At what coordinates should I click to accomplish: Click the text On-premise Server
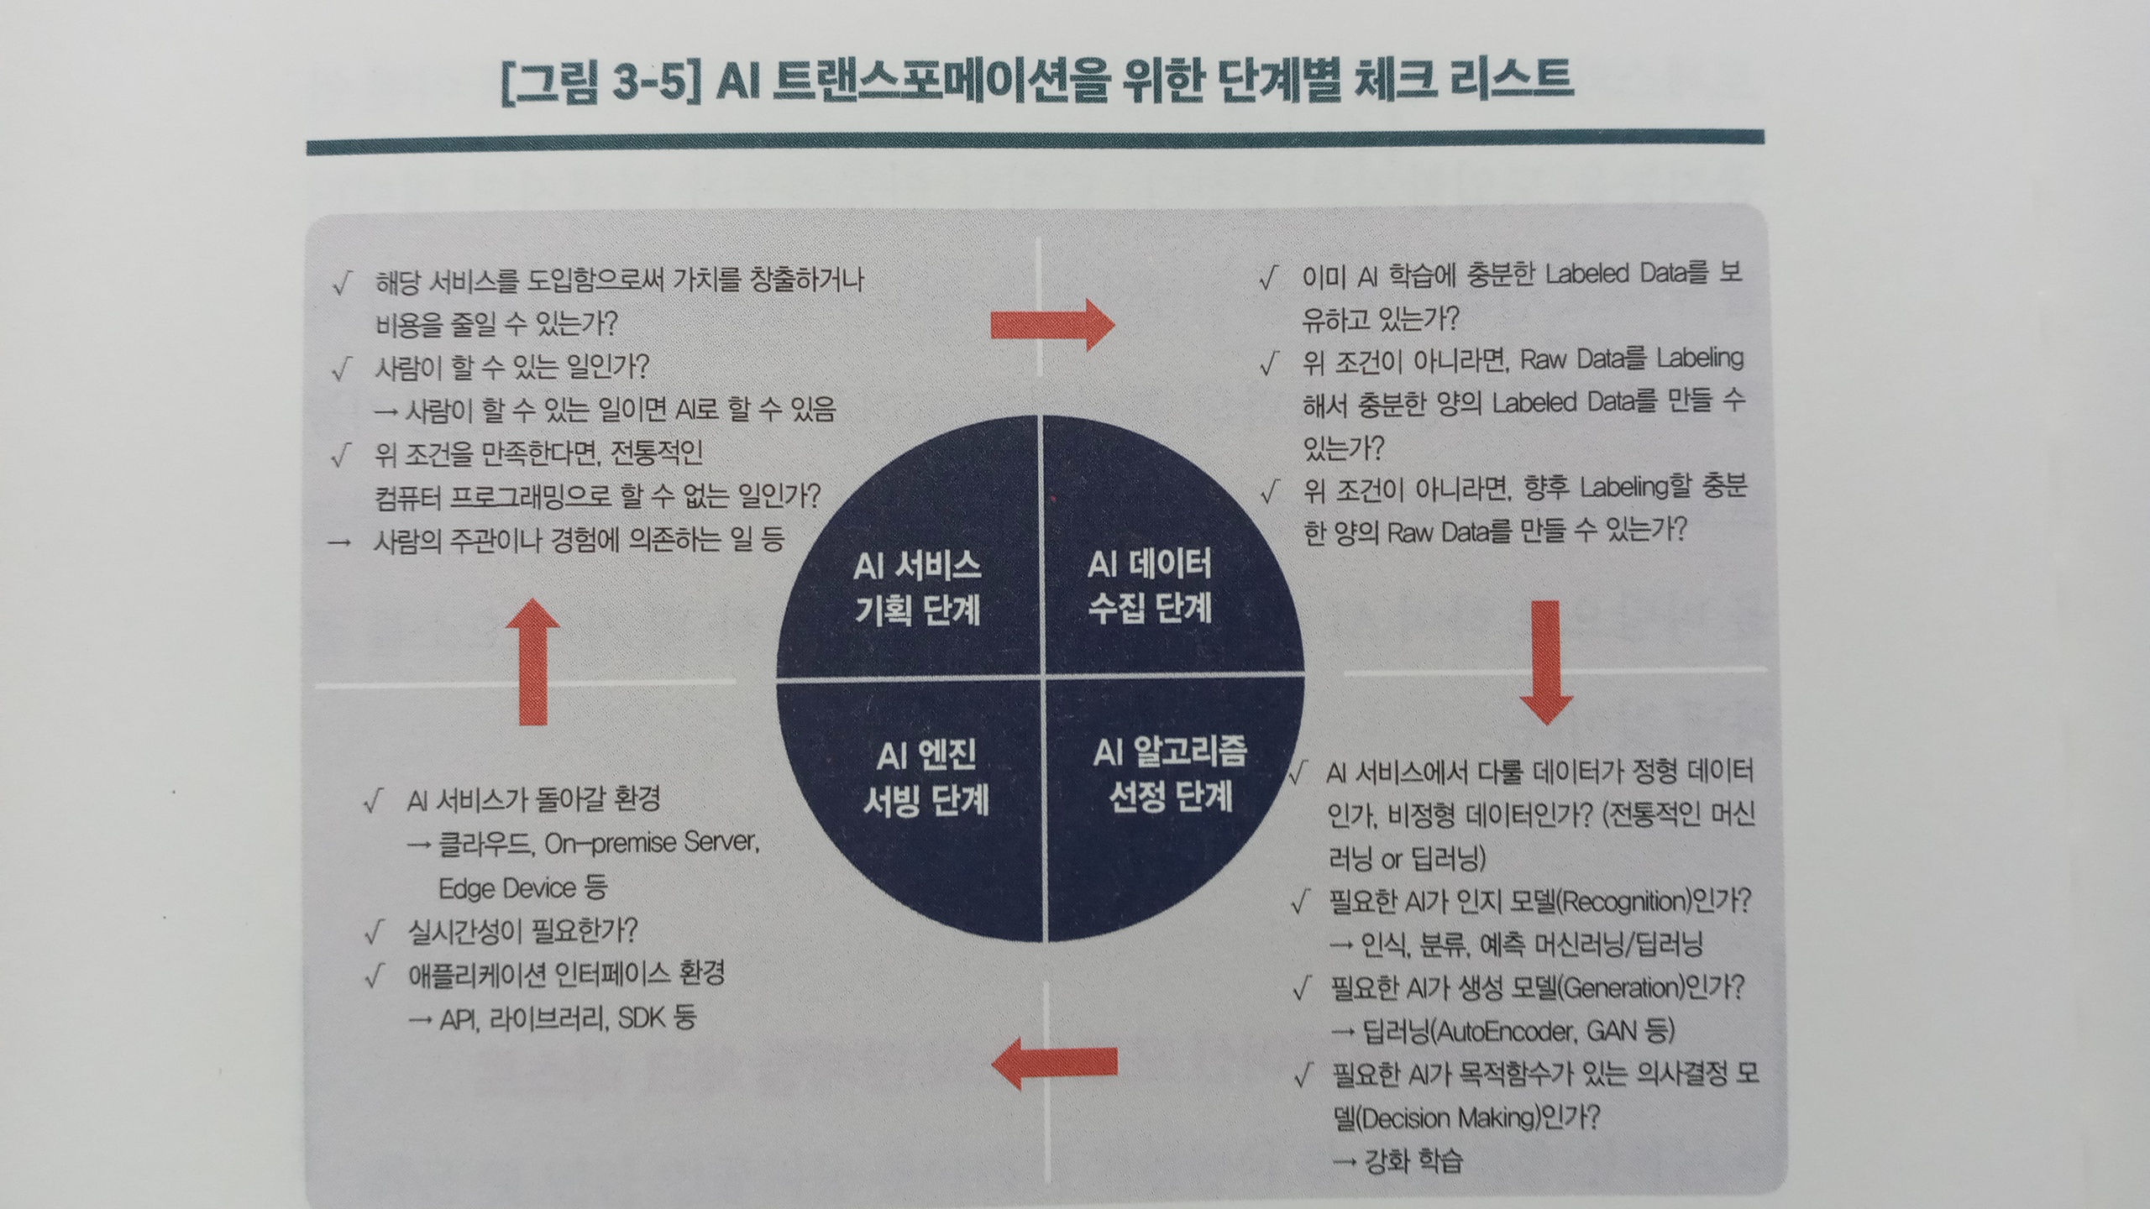click(x=652, y=842)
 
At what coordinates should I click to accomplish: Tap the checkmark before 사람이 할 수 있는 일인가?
click(x=340, y=368)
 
